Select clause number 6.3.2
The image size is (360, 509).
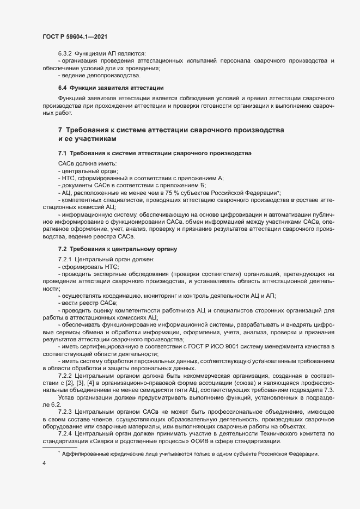click(x=65, y=53)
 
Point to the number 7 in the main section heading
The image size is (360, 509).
click(x=60, y=131)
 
